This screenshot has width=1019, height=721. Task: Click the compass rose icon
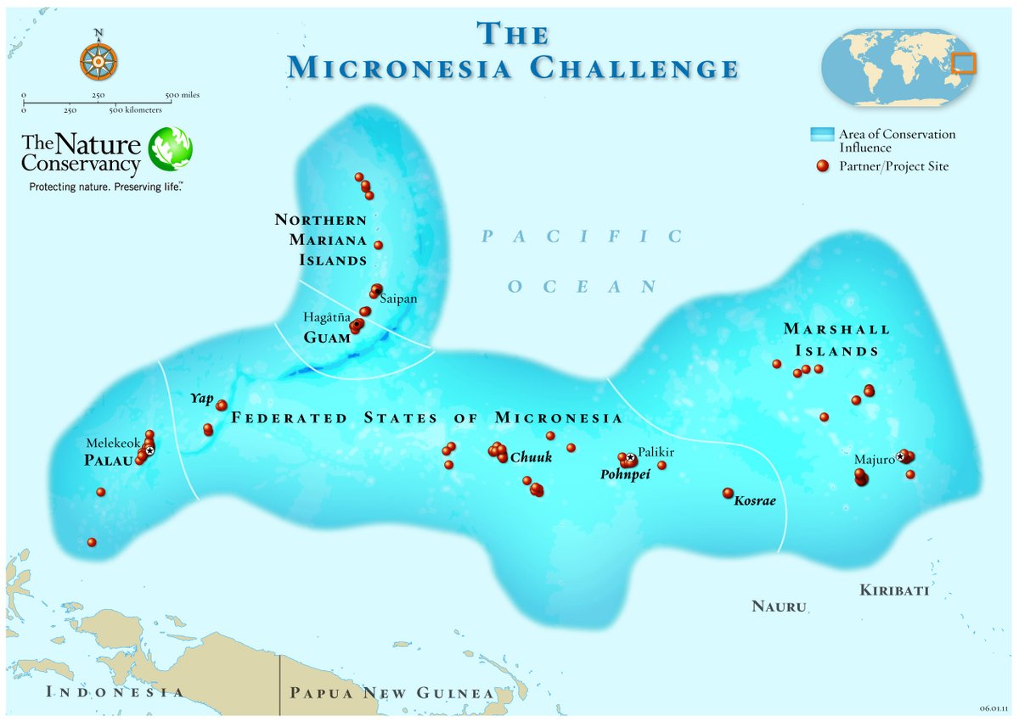(x=99, y=61)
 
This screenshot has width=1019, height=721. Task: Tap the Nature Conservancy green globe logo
(x=170, y=149)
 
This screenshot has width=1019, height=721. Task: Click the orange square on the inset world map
(x=963, y=64)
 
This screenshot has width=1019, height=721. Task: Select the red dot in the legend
(x=821, y=166)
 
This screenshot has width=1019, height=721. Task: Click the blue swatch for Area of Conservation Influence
(x=821, y=134)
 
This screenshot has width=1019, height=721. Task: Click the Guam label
(x=327, y=337)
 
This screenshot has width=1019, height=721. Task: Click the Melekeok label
(x=112, y=443)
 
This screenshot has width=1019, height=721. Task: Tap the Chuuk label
(x=531, y=458)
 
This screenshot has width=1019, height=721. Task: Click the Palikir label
(x=656, y=452)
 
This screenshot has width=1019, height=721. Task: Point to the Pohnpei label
(x=625, y=475)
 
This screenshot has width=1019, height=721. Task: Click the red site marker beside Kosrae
(x=728, y=493)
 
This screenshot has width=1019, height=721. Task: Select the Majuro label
(x=874, y=460)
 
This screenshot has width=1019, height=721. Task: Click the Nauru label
(x=778, y=606)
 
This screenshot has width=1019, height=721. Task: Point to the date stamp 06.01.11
(x=993, y=707)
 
